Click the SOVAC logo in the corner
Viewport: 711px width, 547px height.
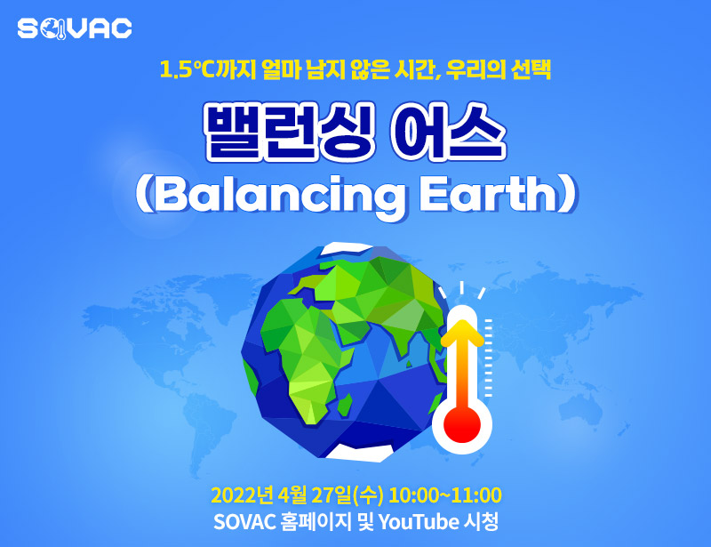pyautogui.click(x=75, y=29)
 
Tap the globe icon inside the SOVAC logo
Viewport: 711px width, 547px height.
pyautogui.click(x=53, y=29)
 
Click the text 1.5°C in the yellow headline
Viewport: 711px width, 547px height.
pyautogui.click(x=188, y=70)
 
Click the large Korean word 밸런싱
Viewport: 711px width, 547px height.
pyautogui.click(x=290, y=132)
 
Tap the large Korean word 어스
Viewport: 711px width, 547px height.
pyautogui.click(x=448, y=132)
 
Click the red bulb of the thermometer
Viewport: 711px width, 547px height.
pyautogui.click(x=461, y=425)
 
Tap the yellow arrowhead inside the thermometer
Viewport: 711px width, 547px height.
pyautogui.click(x=462, y=333)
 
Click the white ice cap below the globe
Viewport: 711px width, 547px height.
pyautogui.click(x=360, y=452)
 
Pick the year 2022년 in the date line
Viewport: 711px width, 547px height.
pyautogui.click(x=242, y=495)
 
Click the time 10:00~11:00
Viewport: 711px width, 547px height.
pyautogui.click(x=445, y=495)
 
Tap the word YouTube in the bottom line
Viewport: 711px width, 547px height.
pyautogui.click(x=419, y=522)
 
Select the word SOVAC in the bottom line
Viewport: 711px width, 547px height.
pyautogui.click(x=244, y=522)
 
